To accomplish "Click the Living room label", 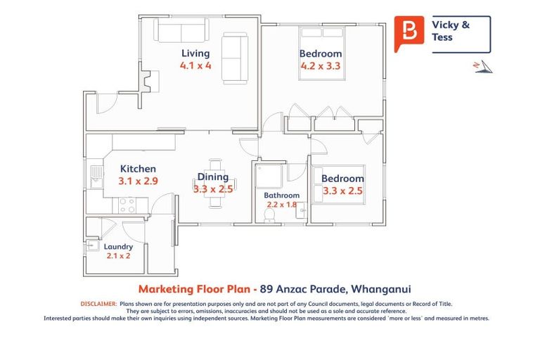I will coord(195,53).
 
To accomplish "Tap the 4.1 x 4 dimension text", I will coord(195,66).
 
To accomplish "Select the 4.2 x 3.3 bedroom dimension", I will coord(320,67).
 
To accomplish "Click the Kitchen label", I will coord(138,169).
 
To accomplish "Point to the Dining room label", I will coord(212,176).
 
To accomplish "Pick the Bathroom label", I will coord(281,195).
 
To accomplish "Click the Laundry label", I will coord(118,247).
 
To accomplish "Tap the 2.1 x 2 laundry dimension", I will coord(118,257).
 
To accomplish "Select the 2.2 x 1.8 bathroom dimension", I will coord(281,205).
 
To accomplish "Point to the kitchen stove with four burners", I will coord(127,205).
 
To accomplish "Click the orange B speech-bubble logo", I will coord(409,32).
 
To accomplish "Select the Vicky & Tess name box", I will coord(460,31).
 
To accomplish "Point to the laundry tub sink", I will coord(93,245).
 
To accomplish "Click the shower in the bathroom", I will coord(266,175).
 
